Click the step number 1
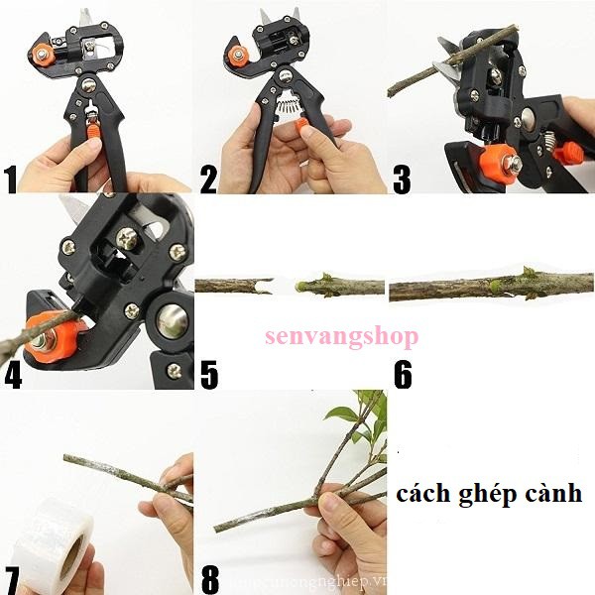click(12, 179)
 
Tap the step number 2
click(208, 179)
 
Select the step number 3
click(402, 179)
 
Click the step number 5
click(208, 375)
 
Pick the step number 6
click(402, 375)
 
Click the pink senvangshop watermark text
click(340, 336)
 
